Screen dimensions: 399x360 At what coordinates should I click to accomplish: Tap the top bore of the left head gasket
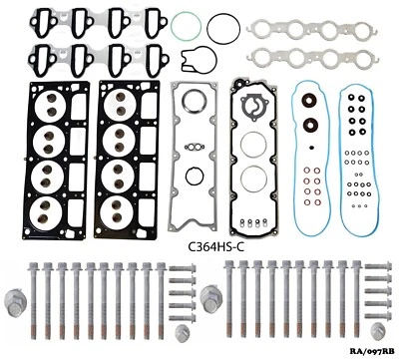pyautogui.click(x=52, y=106)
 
